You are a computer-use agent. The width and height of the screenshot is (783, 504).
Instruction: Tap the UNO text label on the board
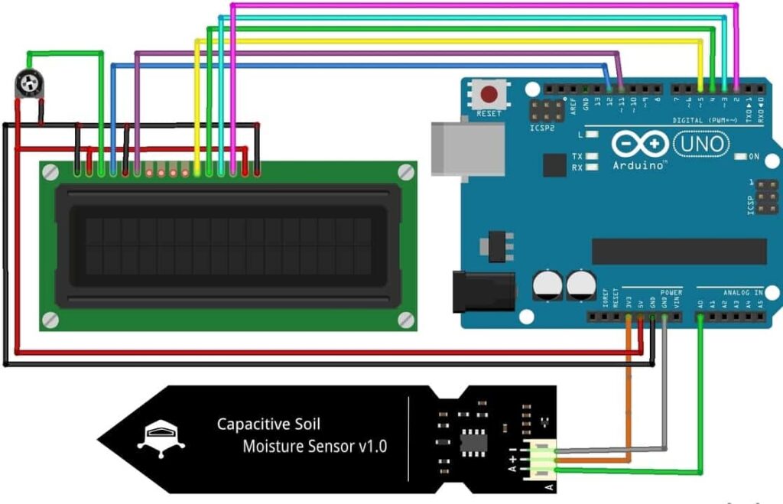pos(702,144)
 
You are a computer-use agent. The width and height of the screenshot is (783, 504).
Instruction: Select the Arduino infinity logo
pos(639,144)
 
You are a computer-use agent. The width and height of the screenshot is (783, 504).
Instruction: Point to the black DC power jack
pos(479,291)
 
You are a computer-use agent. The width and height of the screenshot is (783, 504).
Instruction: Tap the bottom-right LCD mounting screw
pos(406,319)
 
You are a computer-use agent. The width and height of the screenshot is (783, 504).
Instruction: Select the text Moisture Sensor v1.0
pos(314,446)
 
